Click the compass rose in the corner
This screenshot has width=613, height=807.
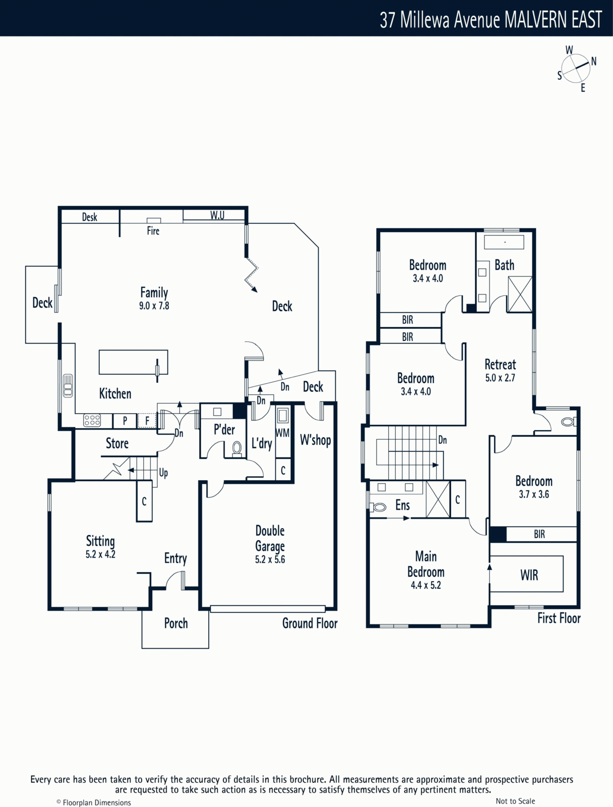point(576,69)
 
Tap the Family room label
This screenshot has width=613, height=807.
point(154,293)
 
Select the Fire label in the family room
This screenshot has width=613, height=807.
point(153,231)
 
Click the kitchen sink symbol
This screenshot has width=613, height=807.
point(68,386)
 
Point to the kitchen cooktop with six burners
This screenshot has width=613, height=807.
point(92,420)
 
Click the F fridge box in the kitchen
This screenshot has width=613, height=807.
point(147,421)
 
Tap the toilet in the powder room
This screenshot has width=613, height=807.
point(237,449)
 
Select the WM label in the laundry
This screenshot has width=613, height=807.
point(282,433)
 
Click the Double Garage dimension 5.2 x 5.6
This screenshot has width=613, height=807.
point(270,559)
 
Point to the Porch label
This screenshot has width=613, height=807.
point(176,623)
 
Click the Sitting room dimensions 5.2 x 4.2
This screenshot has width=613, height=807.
point(100,554)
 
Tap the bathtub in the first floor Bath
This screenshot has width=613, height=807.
point(504,243)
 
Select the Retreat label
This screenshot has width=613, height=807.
point(500,364)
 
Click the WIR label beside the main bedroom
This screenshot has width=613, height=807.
point(529,575)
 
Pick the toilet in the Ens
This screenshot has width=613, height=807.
point(378,507)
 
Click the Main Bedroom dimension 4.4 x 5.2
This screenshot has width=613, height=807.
point(425,585)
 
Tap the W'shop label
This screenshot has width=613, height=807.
point(315,440)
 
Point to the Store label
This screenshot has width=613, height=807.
point(117,443)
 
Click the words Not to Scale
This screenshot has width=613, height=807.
point(515,801)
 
